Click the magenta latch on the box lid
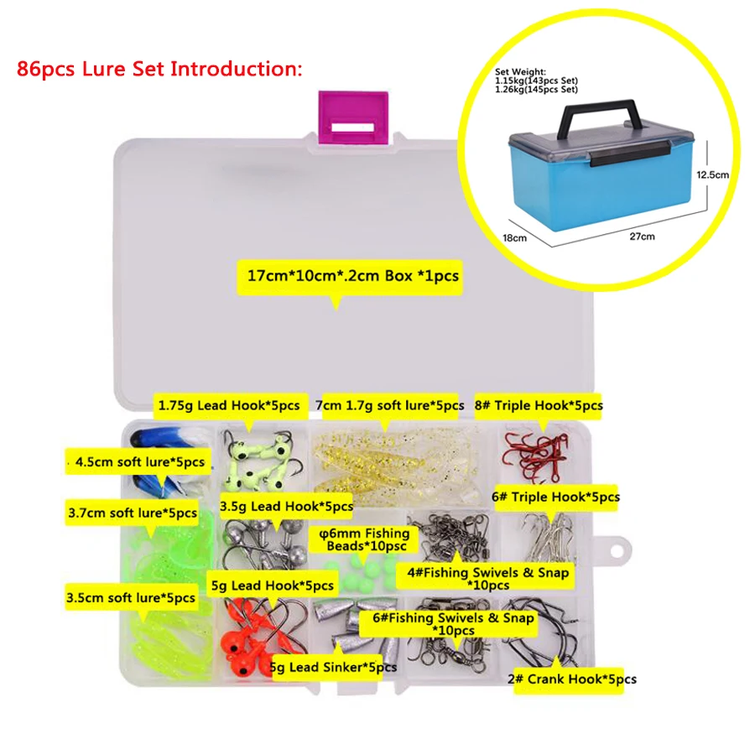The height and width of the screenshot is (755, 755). pyautogui.click(x=353, y=117)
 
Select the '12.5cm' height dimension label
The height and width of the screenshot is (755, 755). pyautogui.click(x=712, y=174)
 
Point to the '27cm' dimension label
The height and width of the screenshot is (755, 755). pyautogui.click(x=642, y=236)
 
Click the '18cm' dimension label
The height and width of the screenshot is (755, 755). pyautogui.click(x=515, y=238)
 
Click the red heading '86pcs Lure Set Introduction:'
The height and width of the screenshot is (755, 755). pyautogui.click(x=159, y=69)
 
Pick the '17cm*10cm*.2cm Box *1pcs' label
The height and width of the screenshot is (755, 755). pyautogui.click(x=353, y=276)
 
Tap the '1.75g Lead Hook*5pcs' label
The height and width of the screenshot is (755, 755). pyautogui.click(x=229, y=405)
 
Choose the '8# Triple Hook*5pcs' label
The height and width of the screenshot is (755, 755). pyautogui.click(x=539, y=405)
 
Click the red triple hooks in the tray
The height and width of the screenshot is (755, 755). pyautogui.click(x=535, y=455)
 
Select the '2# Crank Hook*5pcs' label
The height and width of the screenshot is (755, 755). pyautogui.click(x=572, y=679)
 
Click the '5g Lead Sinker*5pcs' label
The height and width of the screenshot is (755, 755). pyautogui.click(x=333, y=668)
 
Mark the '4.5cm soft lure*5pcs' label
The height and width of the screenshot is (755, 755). pyautogui.click(x=140, y=462)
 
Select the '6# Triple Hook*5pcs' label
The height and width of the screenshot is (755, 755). pyautogui.click(x=555, y=497)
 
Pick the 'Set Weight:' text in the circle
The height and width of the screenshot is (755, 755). pyautogui.click(x=520, y=72)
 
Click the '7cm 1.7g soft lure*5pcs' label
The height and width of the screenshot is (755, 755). pyautogui.click(x=390, y=405)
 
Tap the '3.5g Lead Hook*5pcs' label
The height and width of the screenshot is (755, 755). pyautogui.click(x=287, y=507)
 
